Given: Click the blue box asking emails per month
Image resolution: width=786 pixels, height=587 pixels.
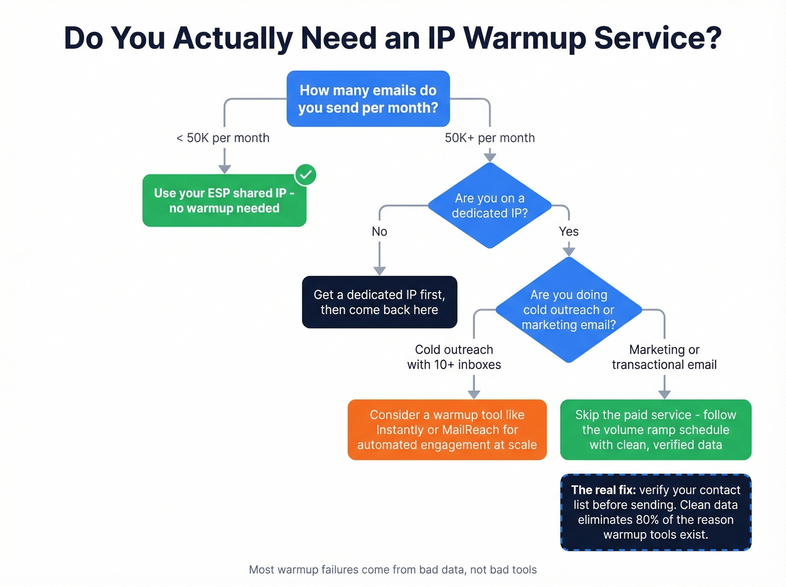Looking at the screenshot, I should click(x=368, y=99).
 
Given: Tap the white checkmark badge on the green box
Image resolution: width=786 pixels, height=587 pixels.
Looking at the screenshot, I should click(x=306, y=175).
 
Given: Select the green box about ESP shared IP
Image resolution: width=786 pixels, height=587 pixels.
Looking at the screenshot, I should click(x=224, y=201).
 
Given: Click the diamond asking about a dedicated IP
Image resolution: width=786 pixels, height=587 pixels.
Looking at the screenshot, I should click(x=490, y=206).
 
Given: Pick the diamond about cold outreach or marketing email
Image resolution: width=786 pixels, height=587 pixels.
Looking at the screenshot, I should click(x=568, y=310).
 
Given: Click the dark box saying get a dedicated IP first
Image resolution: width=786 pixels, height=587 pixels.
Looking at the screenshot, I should click(x=379, y=302).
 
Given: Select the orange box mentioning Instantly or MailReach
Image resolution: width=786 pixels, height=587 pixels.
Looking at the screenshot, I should click(x=447, y=430).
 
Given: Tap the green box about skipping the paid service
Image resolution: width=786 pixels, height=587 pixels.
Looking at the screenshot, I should click(x=655, y=430).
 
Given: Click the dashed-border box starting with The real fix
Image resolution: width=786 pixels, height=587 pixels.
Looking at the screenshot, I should click(x=655, y=512).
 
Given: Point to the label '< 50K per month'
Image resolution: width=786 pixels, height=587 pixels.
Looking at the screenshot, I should click(x=223, y=138).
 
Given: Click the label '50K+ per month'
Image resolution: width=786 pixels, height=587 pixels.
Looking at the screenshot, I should click(x=490, y=138).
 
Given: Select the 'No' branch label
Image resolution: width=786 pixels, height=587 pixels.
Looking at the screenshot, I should click(x=380, y=231).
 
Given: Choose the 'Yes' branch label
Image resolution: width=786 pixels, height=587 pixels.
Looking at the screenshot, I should click(x=569, y=231).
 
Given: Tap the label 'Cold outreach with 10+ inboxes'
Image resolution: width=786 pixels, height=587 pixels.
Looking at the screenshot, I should click(x=454, y=357).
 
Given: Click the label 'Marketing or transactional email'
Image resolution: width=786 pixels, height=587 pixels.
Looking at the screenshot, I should click(x=664, y=357).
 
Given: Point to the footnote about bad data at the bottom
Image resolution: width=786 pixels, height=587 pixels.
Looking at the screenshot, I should click(x=392, y=570).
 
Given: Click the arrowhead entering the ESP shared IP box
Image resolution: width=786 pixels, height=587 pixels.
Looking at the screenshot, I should click(x=225, y=169).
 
